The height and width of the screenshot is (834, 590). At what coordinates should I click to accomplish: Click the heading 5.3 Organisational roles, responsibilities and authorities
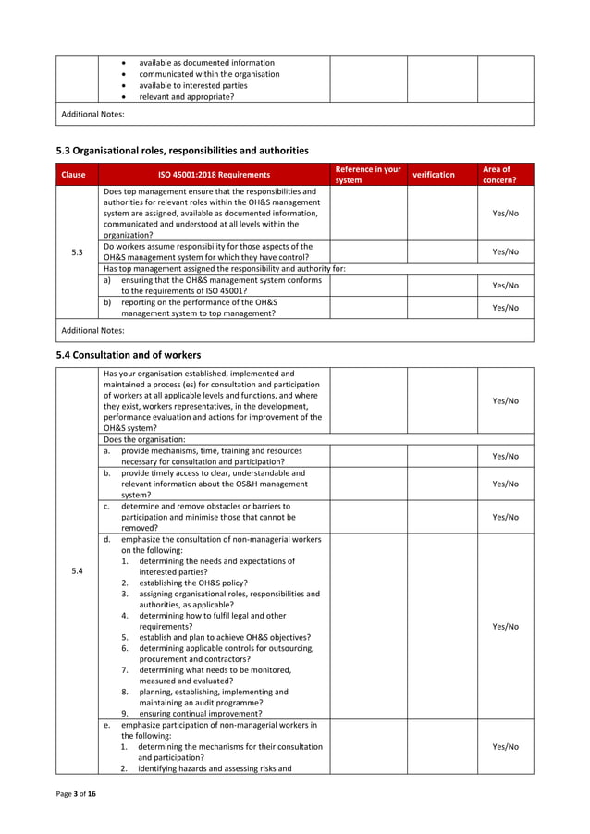(x=182, y=150)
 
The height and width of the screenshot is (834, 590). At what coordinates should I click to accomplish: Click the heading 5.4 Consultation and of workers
(x=129, y=355)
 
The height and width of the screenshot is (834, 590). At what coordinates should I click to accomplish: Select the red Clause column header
(x=76, y=175)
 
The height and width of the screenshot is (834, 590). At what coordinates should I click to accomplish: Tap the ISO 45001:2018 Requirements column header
(x=213, y=175)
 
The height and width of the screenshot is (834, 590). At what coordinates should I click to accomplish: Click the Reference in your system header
(x=367, y=175)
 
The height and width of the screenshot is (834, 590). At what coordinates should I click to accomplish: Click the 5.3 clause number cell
(x=77, y=251)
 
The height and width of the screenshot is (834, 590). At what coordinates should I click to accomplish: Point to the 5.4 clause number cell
(x=77, y=570)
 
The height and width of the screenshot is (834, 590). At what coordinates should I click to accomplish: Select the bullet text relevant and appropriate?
(x=186, y=96)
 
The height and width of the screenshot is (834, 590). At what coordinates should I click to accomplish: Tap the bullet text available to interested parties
(x=192, y=85)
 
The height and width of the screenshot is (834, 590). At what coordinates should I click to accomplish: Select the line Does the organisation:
(x=144, y=439)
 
